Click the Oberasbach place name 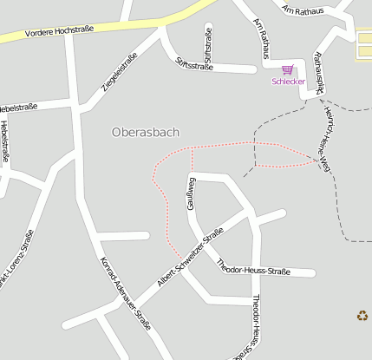(146, 133)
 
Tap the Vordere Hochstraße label (58, 31)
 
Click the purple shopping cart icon (288, 69)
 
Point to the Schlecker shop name (288, 82)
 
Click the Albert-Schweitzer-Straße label (190, 259)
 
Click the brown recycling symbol (362, 316)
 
